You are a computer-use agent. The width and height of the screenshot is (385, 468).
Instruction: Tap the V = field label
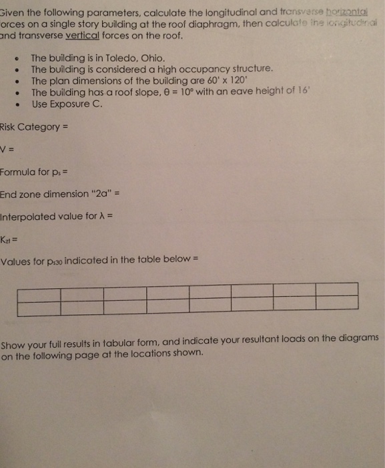pyautogui.click(x=8, y=149)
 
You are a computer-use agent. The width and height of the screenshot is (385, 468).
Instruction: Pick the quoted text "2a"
pyautogui.click(x=100, y=195)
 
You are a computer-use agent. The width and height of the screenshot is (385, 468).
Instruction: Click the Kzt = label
pyautogui.click(x=8, y=239)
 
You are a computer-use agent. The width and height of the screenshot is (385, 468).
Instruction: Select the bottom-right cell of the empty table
pyautogui.click(x=336, y=308)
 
